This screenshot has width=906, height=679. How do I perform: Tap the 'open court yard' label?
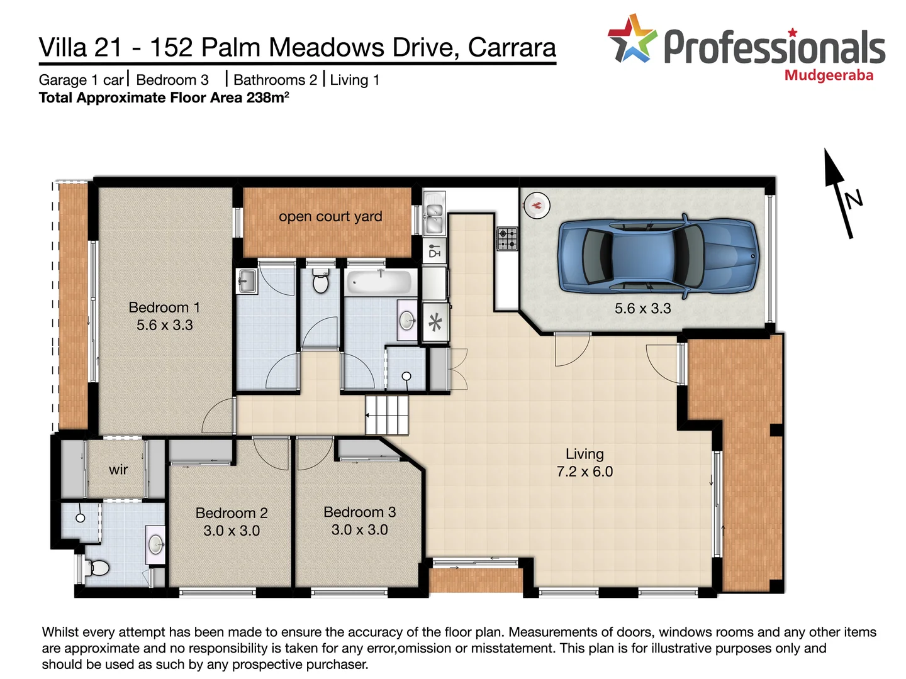point(330,216)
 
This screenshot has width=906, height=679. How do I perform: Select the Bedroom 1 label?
point(164,307)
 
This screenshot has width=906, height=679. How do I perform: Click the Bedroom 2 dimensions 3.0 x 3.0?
point(232,531)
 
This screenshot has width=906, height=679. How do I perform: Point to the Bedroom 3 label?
point(359,512)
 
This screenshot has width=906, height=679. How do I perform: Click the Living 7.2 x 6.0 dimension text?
point(584,472)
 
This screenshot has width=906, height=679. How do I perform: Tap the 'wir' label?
point(118,470)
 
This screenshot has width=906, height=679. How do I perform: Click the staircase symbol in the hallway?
point(386,415)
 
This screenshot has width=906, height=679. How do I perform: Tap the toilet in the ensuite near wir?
point(98,568)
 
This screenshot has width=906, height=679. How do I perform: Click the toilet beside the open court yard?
point(320,283)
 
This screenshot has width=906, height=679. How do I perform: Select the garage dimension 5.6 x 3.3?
point(642,309)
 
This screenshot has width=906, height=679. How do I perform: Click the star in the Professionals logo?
point(632,40)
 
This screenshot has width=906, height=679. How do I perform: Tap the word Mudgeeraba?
point(829,75)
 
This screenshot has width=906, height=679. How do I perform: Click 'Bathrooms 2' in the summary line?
point(275,80)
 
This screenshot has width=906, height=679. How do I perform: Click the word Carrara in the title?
point(512,48)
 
